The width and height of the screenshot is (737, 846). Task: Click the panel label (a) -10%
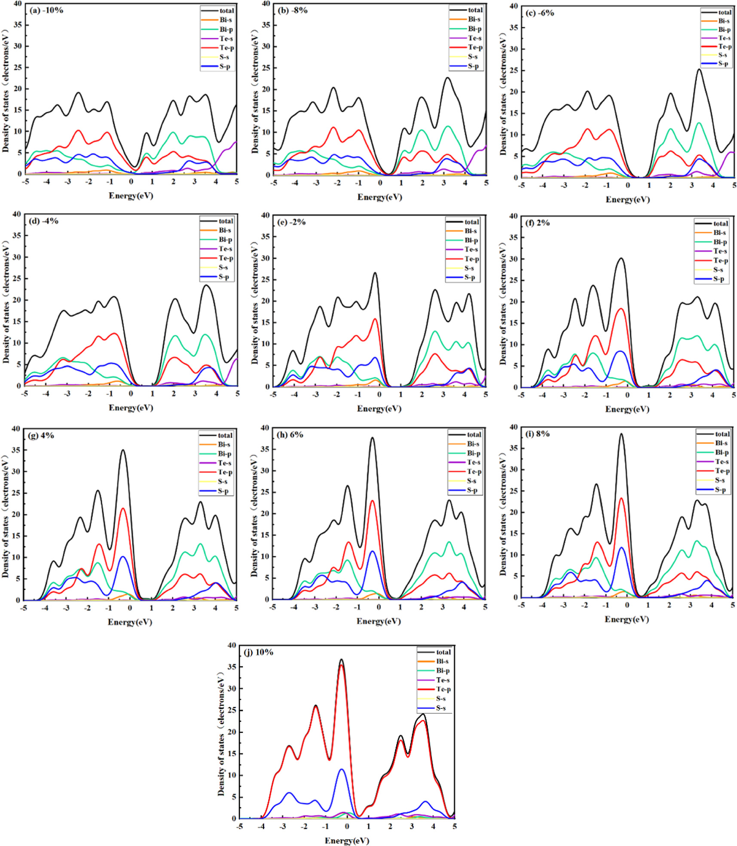(x=46, y=10)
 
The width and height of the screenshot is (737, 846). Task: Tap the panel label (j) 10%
(x=258, y=652)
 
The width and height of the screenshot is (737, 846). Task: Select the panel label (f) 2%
(x=537, y=223)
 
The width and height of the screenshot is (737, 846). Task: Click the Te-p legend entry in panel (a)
(x=217, y=48)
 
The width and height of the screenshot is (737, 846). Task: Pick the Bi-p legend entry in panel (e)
(x=462, y=240)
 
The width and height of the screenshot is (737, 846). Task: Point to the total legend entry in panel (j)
(x=434, y=652)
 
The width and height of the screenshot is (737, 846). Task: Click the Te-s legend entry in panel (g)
(x=216, y=463)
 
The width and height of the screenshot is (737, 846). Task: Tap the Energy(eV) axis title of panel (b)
(x=379, y=197)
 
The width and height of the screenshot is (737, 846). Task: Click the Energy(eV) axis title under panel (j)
(x=347, y=840)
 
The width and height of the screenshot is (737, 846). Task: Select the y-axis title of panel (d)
(x=6, y=302)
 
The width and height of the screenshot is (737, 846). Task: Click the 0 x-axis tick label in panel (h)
(x=379, y=607)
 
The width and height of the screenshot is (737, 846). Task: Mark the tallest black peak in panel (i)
(x=621, y=434)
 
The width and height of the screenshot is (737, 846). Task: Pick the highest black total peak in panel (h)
(x=372, y=438)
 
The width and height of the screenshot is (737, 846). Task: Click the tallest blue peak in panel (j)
(x=342, y=769)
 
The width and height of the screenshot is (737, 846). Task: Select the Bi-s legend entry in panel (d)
(x=216, y=230)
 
